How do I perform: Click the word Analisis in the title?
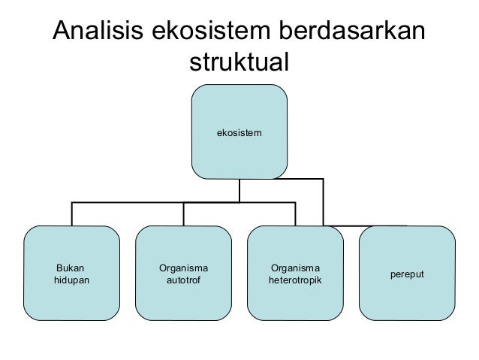[98, 32]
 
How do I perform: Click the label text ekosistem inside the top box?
[239, 132]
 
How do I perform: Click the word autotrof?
[183, 281]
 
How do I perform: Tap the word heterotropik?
[295, 281]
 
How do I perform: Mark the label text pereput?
[406, 274]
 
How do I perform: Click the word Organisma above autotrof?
[183, 268]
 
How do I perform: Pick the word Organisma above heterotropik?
[295, 268]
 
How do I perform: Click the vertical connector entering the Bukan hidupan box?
[71, 214]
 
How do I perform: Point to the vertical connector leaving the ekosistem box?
[239, 191]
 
